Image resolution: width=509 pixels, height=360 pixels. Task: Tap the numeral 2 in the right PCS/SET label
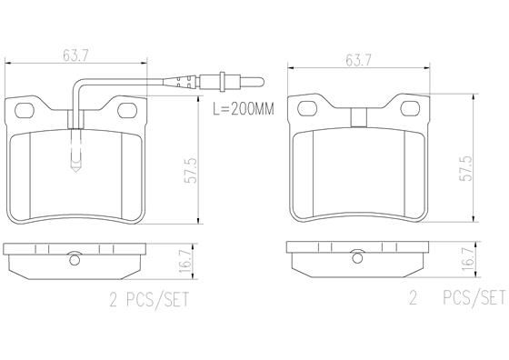(412, 297)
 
